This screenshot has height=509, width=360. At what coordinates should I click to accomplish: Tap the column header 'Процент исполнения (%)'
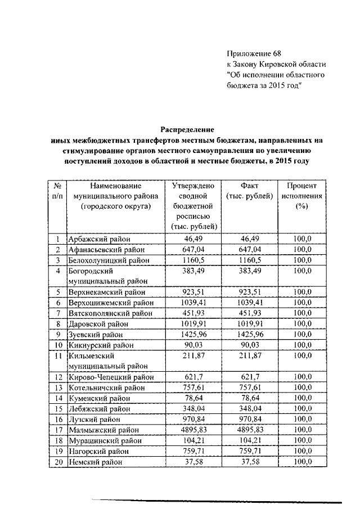coord(303,195)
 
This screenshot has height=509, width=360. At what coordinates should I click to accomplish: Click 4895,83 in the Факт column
coord(249,429)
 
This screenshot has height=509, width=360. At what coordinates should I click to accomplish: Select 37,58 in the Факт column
coord(249,462)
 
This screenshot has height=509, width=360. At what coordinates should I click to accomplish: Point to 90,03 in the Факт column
coord(249,345)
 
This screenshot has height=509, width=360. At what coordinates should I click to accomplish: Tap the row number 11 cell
coord(57,356)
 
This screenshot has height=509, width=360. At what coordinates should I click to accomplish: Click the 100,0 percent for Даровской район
coord(303,324)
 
